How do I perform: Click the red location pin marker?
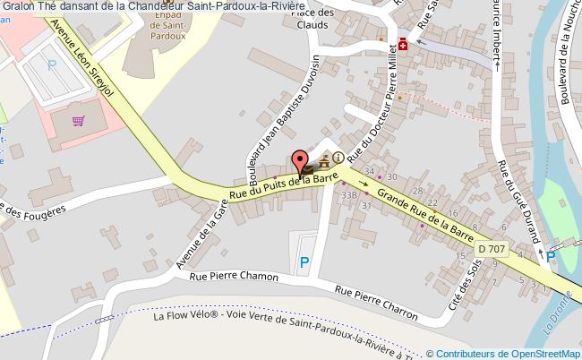click(x=298, y=161)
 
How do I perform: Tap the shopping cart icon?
click(x=79, y=120)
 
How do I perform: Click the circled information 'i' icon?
click(x=338, y=158)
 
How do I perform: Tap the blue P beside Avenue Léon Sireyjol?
click(x=51, y=64)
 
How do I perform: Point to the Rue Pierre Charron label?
click(x=376, y=303)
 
